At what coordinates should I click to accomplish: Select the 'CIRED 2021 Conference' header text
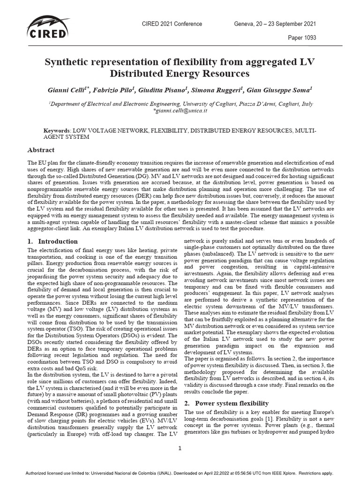[172, 24]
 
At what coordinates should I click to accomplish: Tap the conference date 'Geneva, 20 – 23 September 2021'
[275, 24]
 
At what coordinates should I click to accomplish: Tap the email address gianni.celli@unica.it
[180, 111]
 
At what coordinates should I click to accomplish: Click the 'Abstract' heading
[42, 150]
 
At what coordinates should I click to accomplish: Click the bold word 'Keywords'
[56, 130]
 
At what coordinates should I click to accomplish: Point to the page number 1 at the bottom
[180, 448]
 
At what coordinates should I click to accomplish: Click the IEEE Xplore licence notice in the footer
[180, 472]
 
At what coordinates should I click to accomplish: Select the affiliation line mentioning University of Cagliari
[180, 104]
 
